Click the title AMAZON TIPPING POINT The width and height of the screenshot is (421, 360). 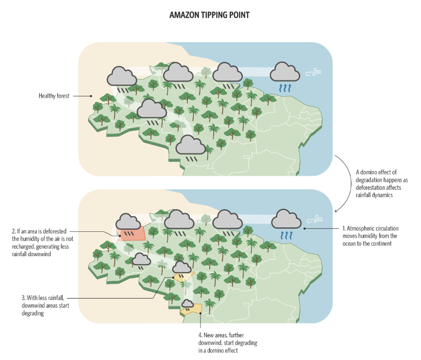[209, 15]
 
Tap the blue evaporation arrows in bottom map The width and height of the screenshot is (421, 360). [287, 234]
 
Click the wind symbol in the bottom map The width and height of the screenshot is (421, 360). [314, 219]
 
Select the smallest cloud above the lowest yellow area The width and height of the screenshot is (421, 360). [187, 304]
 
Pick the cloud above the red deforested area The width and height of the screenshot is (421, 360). [128, 221]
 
